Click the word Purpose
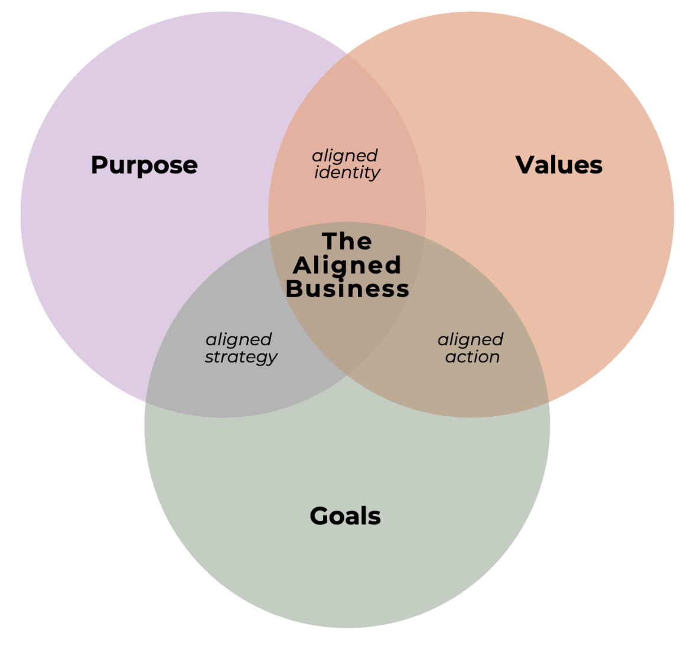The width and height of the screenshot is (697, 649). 144,165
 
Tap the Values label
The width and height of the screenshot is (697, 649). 559,165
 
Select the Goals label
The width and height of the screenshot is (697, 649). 345,516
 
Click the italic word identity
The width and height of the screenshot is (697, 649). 347,173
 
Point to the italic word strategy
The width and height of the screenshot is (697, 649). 241,357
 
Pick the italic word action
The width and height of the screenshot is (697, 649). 473,357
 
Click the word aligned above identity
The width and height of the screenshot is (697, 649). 345,155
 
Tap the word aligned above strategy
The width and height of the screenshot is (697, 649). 239,340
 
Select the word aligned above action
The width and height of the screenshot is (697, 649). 470,340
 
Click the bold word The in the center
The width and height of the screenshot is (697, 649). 347,241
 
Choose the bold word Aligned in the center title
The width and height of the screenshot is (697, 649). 347,265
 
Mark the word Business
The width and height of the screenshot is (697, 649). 347,289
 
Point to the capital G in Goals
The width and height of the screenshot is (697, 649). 320,516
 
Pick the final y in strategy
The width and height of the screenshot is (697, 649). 272,359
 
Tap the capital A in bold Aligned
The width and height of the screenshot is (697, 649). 302,265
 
